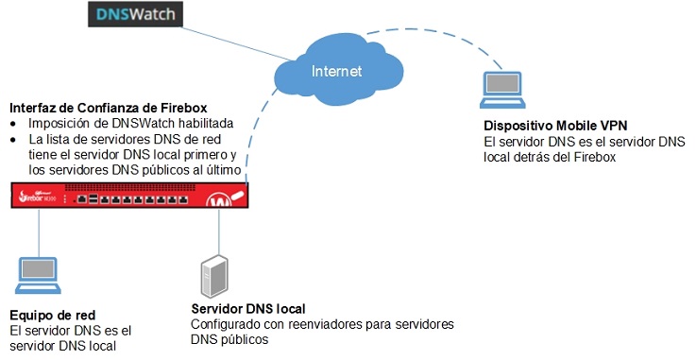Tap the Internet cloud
335,67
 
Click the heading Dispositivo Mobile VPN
554,125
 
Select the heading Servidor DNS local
247,310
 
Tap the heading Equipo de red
52,315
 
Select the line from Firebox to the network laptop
39,231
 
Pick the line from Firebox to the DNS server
219,231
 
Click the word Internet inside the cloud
336,71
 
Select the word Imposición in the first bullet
59,124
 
